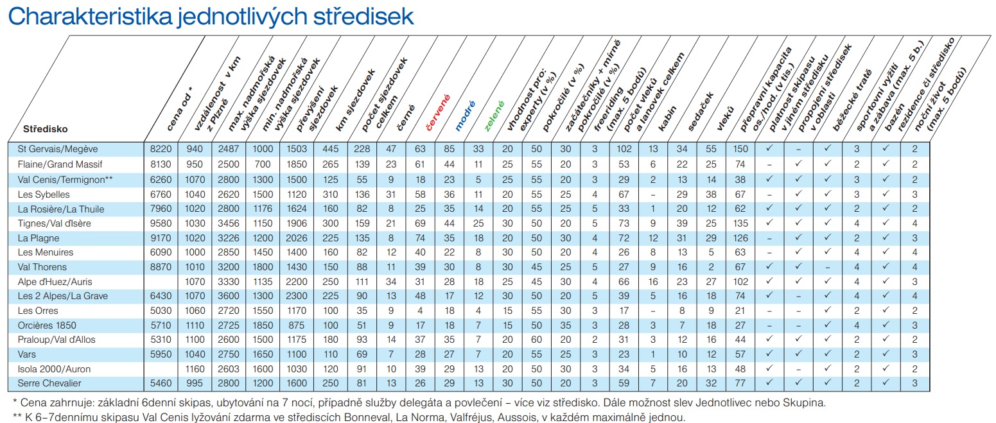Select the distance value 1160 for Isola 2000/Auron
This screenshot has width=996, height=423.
coord(194,369)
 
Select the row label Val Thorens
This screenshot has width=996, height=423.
coord(42,267)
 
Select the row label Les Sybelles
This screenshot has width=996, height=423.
coord(44,194)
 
